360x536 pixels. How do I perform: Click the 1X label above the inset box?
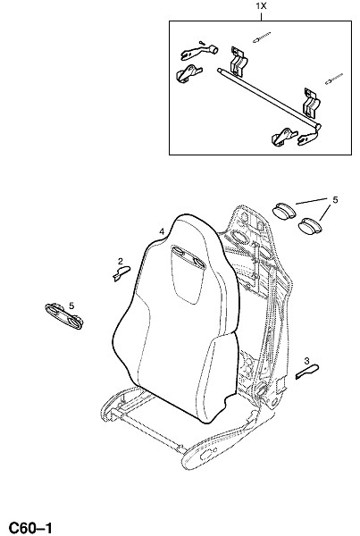[261, 6]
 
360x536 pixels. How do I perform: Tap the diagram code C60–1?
[30, 528]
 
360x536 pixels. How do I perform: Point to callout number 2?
[121, 262]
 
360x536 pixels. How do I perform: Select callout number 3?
[306, 361]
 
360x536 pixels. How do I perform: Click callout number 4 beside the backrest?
[162, 231]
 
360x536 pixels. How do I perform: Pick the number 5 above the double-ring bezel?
[71, 306]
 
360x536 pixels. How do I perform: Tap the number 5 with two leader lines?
[335, 200]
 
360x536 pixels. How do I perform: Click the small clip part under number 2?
[121, 273]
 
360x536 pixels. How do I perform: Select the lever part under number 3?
[307, 372]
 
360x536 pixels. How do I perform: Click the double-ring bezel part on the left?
[64, 316]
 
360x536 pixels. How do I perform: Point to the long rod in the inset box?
[269, 99]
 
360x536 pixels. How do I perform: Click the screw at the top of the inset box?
[262, 38]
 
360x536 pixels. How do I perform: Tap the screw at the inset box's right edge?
[334, 79]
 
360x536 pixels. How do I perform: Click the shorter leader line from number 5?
[325, 213]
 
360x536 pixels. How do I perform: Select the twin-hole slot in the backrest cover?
[188, 256]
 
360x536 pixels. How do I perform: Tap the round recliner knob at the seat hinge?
[261, 388]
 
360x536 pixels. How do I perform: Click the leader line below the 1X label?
[261, 15]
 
